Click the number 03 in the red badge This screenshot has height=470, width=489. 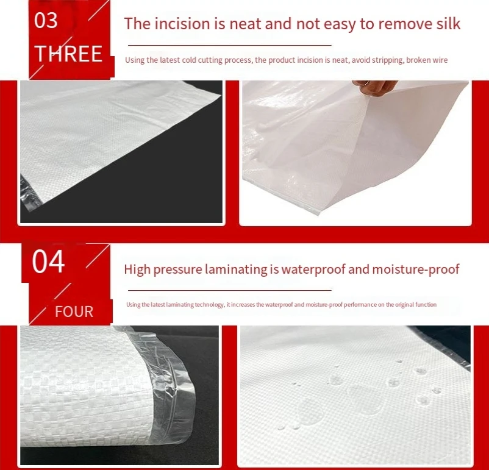[x=46, y=20]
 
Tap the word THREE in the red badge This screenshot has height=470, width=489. [x=68, y=54]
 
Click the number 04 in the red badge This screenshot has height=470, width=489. [x=48, y=262]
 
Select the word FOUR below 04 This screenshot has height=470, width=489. [x=74, y=312]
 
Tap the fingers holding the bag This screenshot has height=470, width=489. [x=375, y=87]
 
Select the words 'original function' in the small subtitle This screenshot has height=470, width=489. [x=416, y=304]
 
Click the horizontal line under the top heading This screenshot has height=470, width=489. [x=228, y=45]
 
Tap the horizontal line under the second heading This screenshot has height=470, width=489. [x=228, y=290]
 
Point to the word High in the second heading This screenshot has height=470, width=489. [x=136, y=269]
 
